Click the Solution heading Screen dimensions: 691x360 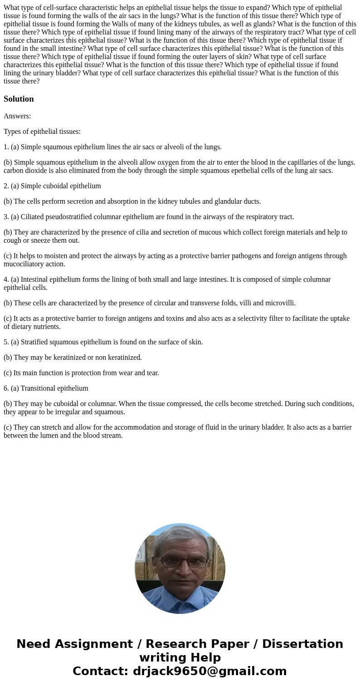(x=19, y=99)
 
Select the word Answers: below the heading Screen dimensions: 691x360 (x=17, y=116)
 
